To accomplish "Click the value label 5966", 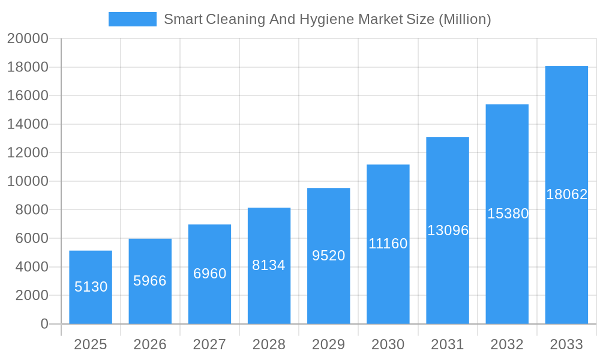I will [150, 281].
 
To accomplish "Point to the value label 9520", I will [328, 256].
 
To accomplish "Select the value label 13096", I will [448, 230].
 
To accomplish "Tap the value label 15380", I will [508, 214].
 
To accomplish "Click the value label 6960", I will [209, 274].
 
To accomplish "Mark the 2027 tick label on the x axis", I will [209, 344].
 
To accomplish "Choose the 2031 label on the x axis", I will [448, 344].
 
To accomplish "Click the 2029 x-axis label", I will [328, 344].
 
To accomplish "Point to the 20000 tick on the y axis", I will [28, 39].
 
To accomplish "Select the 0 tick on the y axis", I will [44, 324].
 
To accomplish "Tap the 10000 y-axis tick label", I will [28, 181].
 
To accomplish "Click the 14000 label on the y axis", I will [28, 124].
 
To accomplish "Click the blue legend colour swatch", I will [132, 19].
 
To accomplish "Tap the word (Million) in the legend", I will [464, 19].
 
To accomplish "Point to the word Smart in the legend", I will [182, 19].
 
